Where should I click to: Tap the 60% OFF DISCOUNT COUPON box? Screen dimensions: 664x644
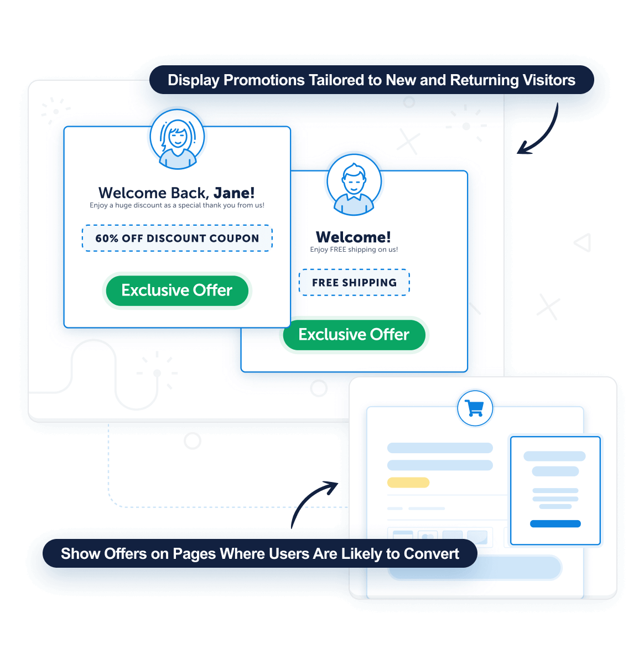point(177,238)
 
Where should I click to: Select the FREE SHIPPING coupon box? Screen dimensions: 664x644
point(354,283)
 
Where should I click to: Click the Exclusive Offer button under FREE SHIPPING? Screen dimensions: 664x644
point(354,335)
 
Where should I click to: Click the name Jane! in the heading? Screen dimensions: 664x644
point(234,193)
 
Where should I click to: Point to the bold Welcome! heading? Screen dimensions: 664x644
point(354,237)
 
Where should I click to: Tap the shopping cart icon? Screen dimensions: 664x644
point(475,409)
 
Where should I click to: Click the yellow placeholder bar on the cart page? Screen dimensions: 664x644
point(408,483)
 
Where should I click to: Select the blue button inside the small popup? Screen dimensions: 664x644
point(555,523)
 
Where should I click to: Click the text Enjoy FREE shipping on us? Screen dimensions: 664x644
point(354,250)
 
